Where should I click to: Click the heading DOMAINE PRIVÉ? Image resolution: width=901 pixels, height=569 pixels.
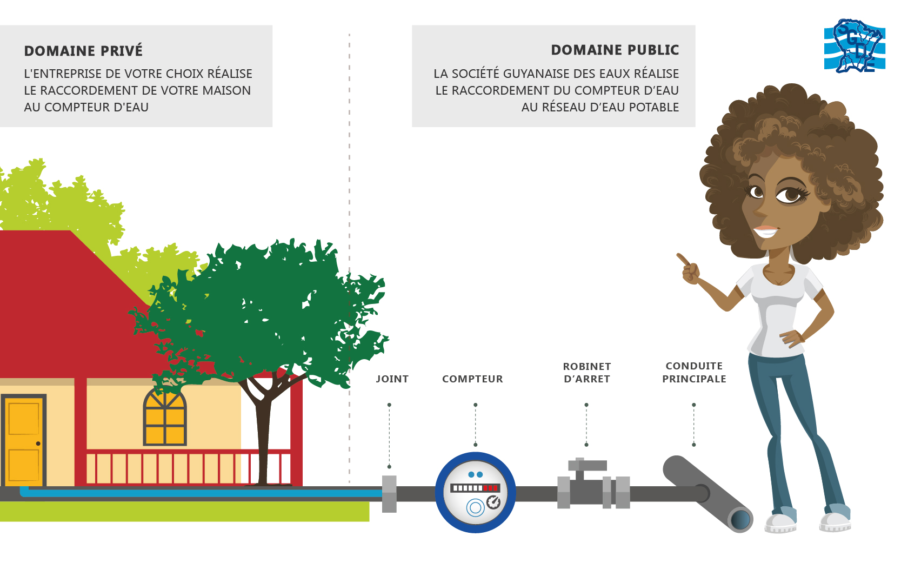(x=83, y=51)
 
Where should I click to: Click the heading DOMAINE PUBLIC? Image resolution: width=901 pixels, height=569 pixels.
(x=615, y=50)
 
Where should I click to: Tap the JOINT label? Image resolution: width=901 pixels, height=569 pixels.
(x=392, y=379)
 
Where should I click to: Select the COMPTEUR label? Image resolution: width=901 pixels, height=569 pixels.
(x=472, y=379)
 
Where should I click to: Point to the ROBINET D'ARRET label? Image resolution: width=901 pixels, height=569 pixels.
(x=586, y=373)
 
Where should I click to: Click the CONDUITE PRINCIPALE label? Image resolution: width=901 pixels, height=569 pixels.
(x=694, y=373)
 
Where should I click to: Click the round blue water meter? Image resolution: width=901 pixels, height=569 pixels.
(x=475, y=492)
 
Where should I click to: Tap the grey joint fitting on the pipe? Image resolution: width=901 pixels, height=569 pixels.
(x=389, y=493)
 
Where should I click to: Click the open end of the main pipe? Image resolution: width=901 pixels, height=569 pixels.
(x=740, y=520)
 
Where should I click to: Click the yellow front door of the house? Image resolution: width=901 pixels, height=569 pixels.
(x=24, y=441)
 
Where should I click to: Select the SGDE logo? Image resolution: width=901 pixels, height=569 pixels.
(x=855, y=47)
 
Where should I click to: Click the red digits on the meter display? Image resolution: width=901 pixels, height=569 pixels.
(x=491, y=488)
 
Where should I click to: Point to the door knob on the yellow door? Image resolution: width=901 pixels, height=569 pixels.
(x=38, y=444)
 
